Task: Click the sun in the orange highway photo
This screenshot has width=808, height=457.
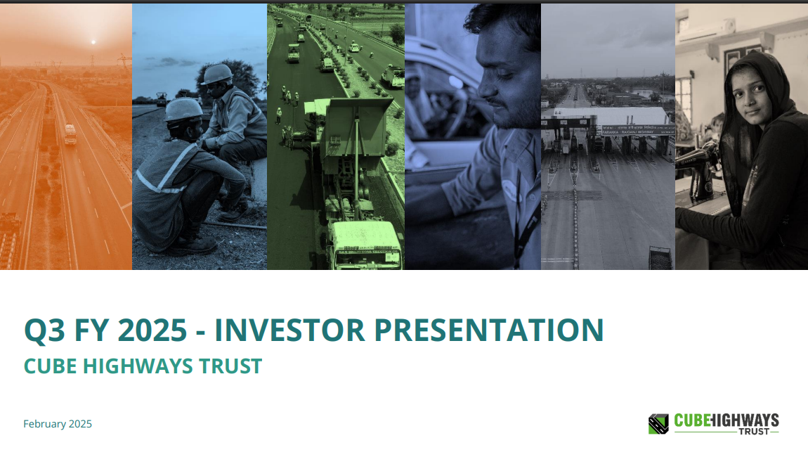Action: (x=93, y=42)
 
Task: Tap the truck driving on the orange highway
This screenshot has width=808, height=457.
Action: (x=70, y=134)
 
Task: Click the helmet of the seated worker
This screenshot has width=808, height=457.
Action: (x=217, y=74)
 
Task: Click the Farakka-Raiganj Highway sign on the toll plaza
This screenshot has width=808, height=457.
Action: (x=636, y=129)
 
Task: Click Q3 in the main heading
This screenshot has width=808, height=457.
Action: (x=44, y=330)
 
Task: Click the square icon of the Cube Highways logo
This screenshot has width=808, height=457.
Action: (x=658, y=424)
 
